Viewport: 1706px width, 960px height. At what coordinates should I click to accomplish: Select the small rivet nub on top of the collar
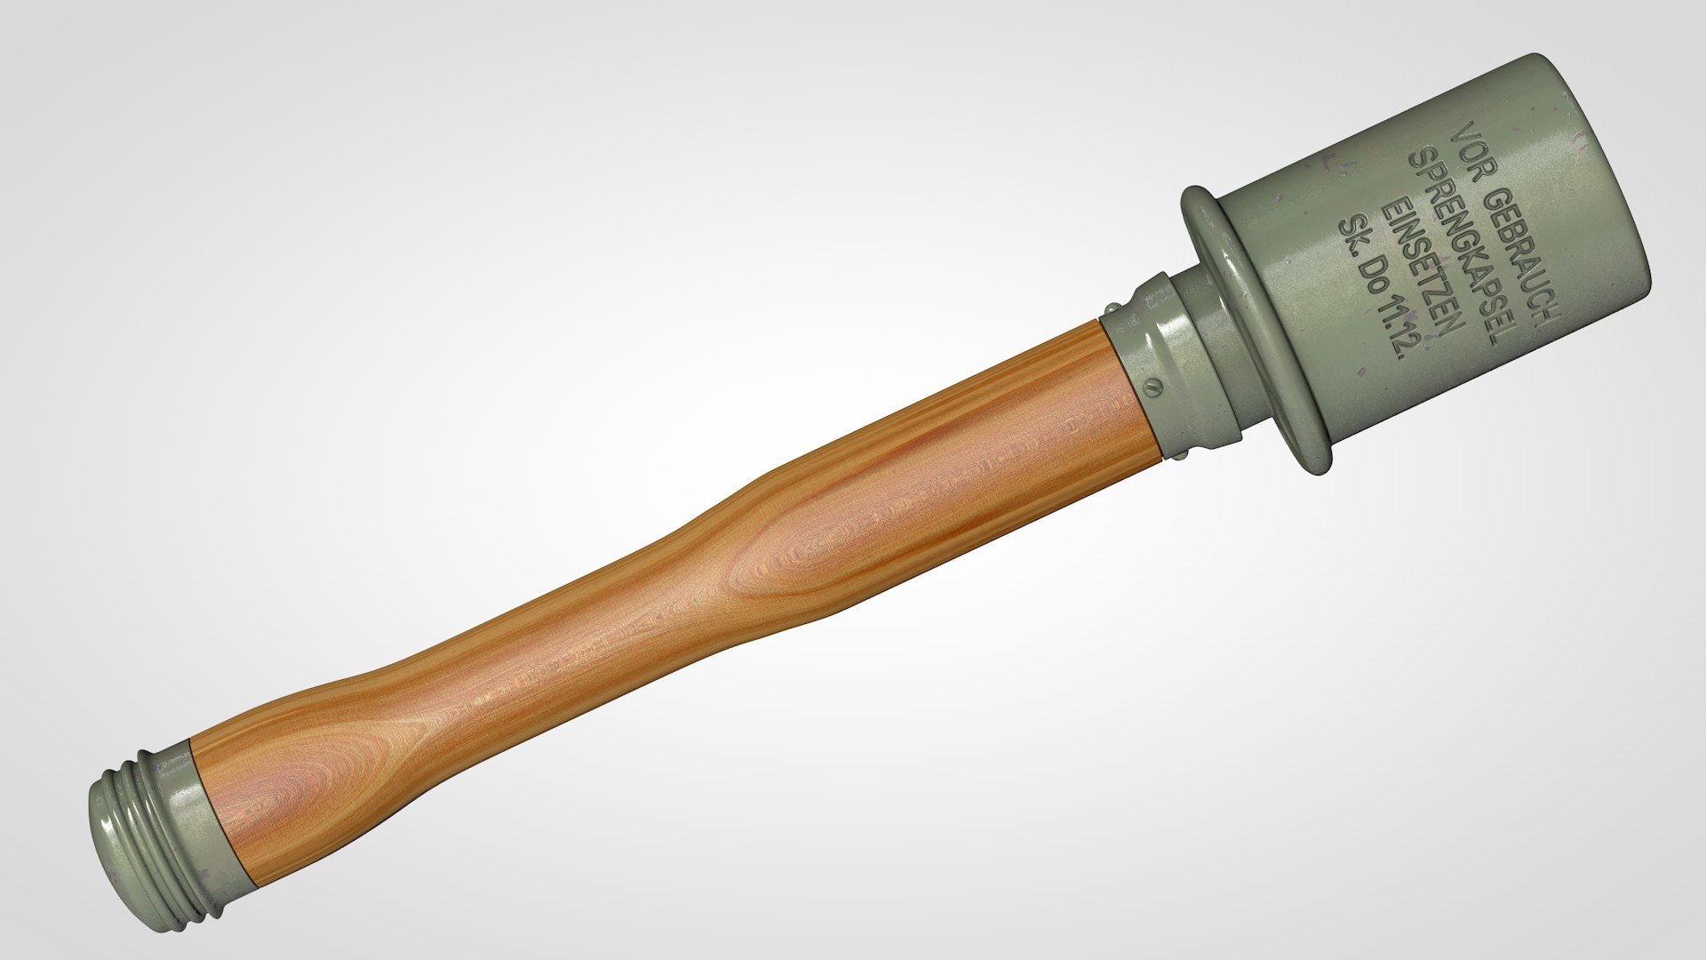pos(1111,308)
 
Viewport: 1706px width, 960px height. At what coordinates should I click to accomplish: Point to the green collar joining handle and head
pos(1146,373)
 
